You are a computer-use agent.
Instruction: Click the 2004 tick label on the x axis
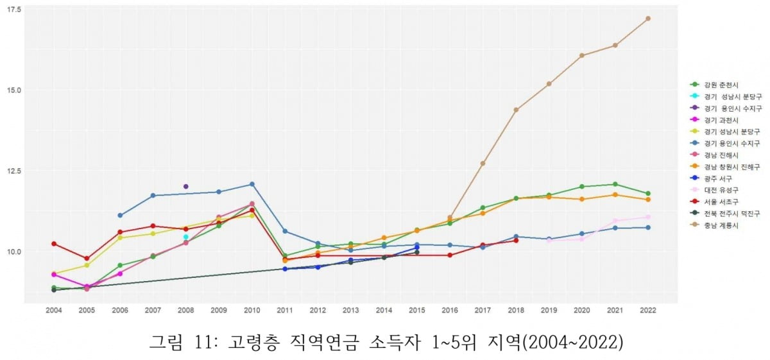[54, 311]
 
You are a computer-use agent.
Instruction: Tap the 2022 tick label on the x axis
[648, 311]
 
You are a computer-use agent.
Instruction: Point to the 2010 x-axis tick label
[252, 311]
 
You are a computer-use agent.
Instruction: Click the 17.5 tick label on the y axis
[13, 9]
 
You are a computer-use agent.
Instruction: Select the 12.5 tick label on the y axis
[13, 171]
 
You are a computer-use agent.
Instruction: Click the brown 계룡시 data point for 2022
[648, 19]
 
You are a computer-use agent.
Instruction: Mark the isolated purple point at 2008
[186, 186]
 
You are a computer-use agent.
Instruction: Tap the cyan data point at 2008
[186, 237]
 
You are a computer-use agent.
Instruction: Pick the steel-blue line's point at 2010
[252, 184]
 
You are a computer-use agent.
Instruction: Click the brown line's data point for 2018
[516, 110]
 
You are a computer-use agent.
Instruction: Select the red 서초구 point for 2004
[54, 244]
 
